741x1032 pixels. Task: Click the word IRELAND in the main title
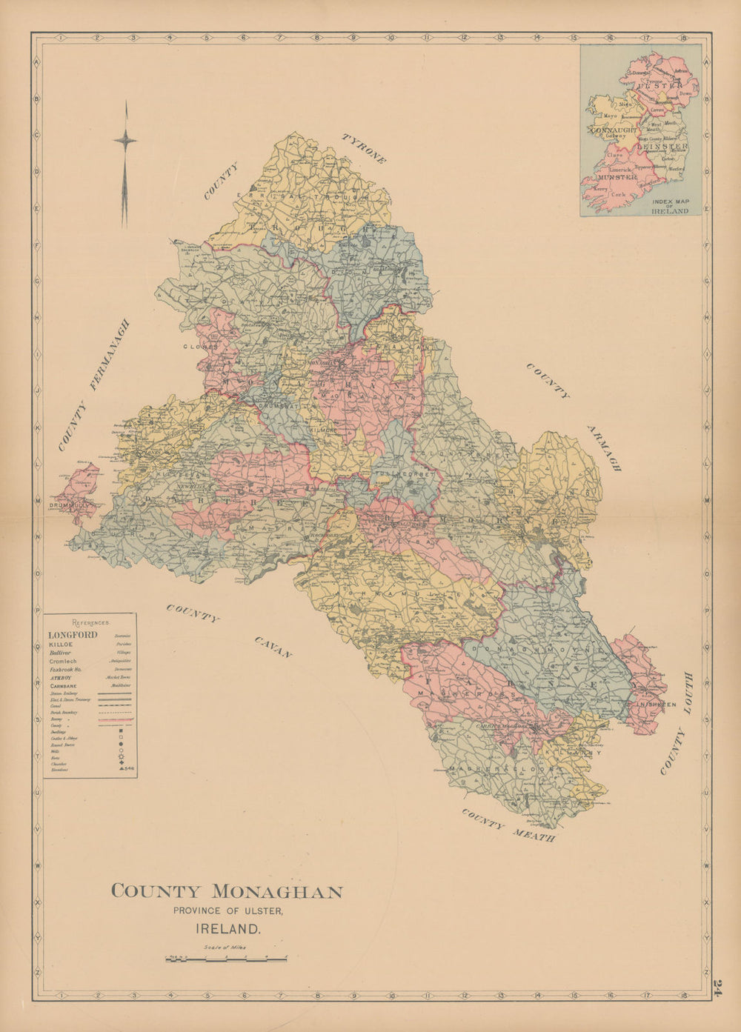[x=227, y=928]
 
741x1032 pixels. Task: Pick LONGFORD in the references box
[x=73, y=635]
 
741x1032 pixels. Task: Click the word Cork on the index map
[x=617, y=195]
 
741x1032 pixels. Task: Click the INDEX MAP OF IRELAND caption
[x=669, y=206]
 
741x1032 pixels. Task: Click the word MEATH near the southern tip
[x=532, y=835]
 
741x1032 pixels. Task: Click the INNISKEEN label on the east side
[x=656, y=705]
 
